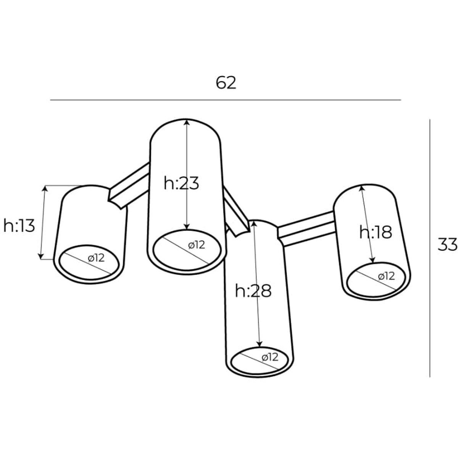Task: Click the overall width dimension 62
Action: pos(226,83)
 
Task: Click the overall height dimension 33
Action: pos(447,244)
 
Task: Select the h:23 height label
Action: pos(181,184)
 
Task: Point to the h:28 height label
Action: pos(253,291)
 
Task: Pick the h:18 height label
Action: pos(376,232)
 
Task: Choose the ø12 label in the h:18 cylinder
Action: pos(387,276)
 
